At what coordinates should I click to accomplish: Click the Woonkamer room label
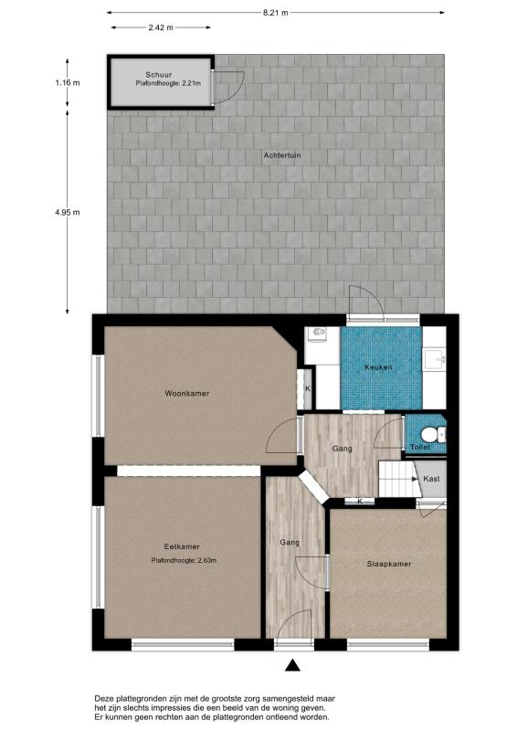(x=187, y=394)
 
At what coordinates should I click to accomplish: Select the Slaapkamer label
(x=388, y=564)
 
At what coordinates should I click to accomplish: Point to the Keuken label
(x=378, y=367)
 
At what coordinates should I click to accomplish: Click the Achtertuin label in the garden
(x=282, y=156)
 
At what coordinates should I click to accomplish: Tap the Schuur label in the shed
(x=159, y=74)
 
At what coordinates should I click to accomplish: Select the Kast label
(x=432, y=479)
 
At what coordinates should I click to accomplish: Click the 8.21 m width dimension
(x=275, y=13)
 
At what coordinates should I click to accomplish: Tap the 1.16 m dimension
(x=67, y=83)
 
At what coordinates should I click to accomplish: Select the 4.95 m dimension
(x=67, y=213)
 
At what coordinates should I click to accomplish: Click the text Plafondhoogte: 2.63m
(x=184, y=560)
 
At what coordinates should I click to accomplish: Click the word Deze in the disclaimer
(x=106, y=697)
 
